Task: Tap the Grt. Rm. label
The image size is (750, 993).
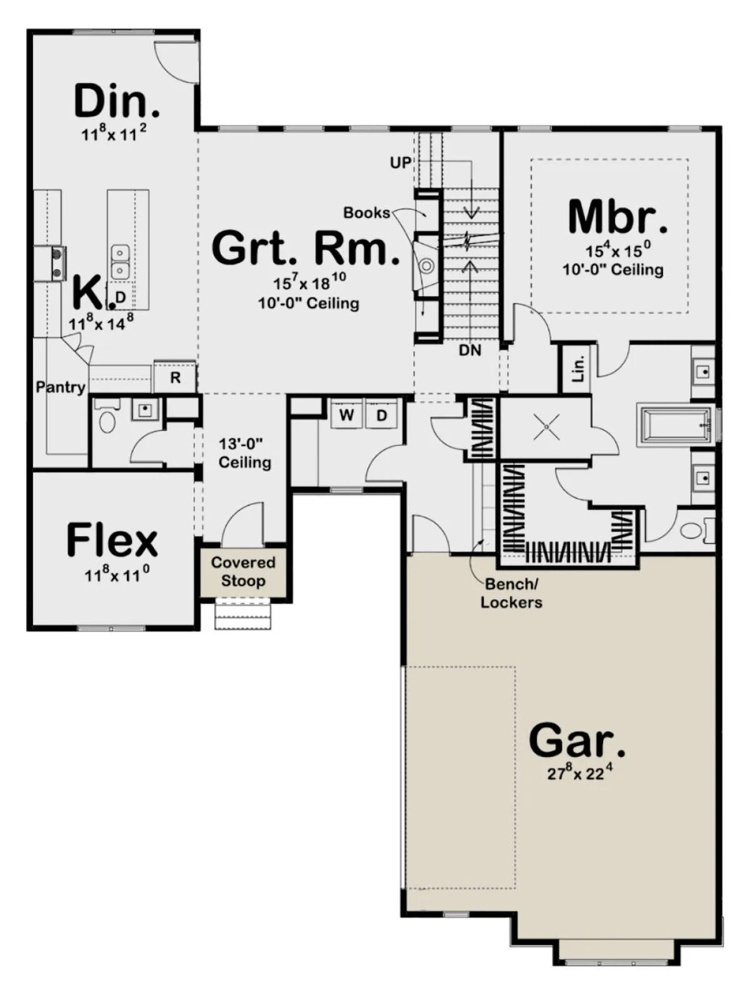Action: tap(306, 247)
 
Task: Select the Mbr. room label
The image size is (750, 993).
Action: tap(617, 217)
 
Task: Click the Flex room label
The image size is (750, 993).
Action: tap(112, 540)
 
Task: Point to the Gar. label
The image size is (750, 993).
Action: tap(577, 741)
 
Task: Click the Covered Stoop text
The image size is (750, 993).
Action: tap(243, 571)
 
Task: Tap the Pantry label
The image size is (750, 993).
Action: tap(61, 387)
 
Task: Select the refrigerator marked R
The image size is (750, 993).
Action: tap(175, 376)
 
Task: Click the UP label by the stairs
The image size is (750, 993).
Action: tap(401, 163)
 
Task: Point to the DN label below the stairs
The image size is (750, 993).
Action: tap(471, 350)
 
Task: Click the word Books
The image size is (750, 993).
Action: tap(366, 212)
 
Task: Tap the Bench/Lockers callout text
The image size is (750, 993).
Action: tap(511, 593)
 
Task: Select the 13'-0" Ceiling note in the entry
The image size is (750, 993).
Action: tap(245, 453)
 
